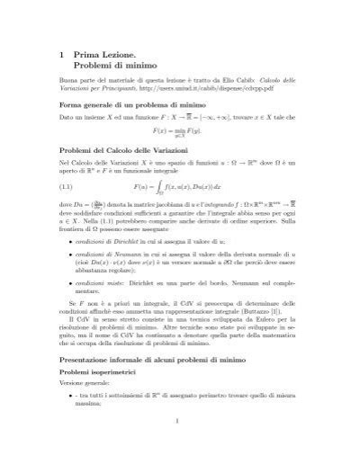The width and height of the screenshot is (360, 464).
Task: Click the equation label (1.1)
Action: pyautogui.click(x=66, y=213)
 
